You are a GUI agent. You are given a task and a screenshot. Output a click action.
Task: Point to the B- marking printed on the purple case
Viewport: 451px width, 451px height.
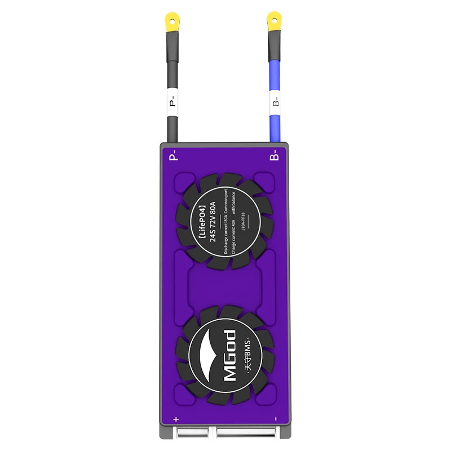[x=273, y=156]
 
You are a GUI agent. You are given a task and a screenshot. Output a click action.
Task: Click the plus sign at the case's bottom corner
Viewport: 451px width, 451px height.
[x=176, y=419]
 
